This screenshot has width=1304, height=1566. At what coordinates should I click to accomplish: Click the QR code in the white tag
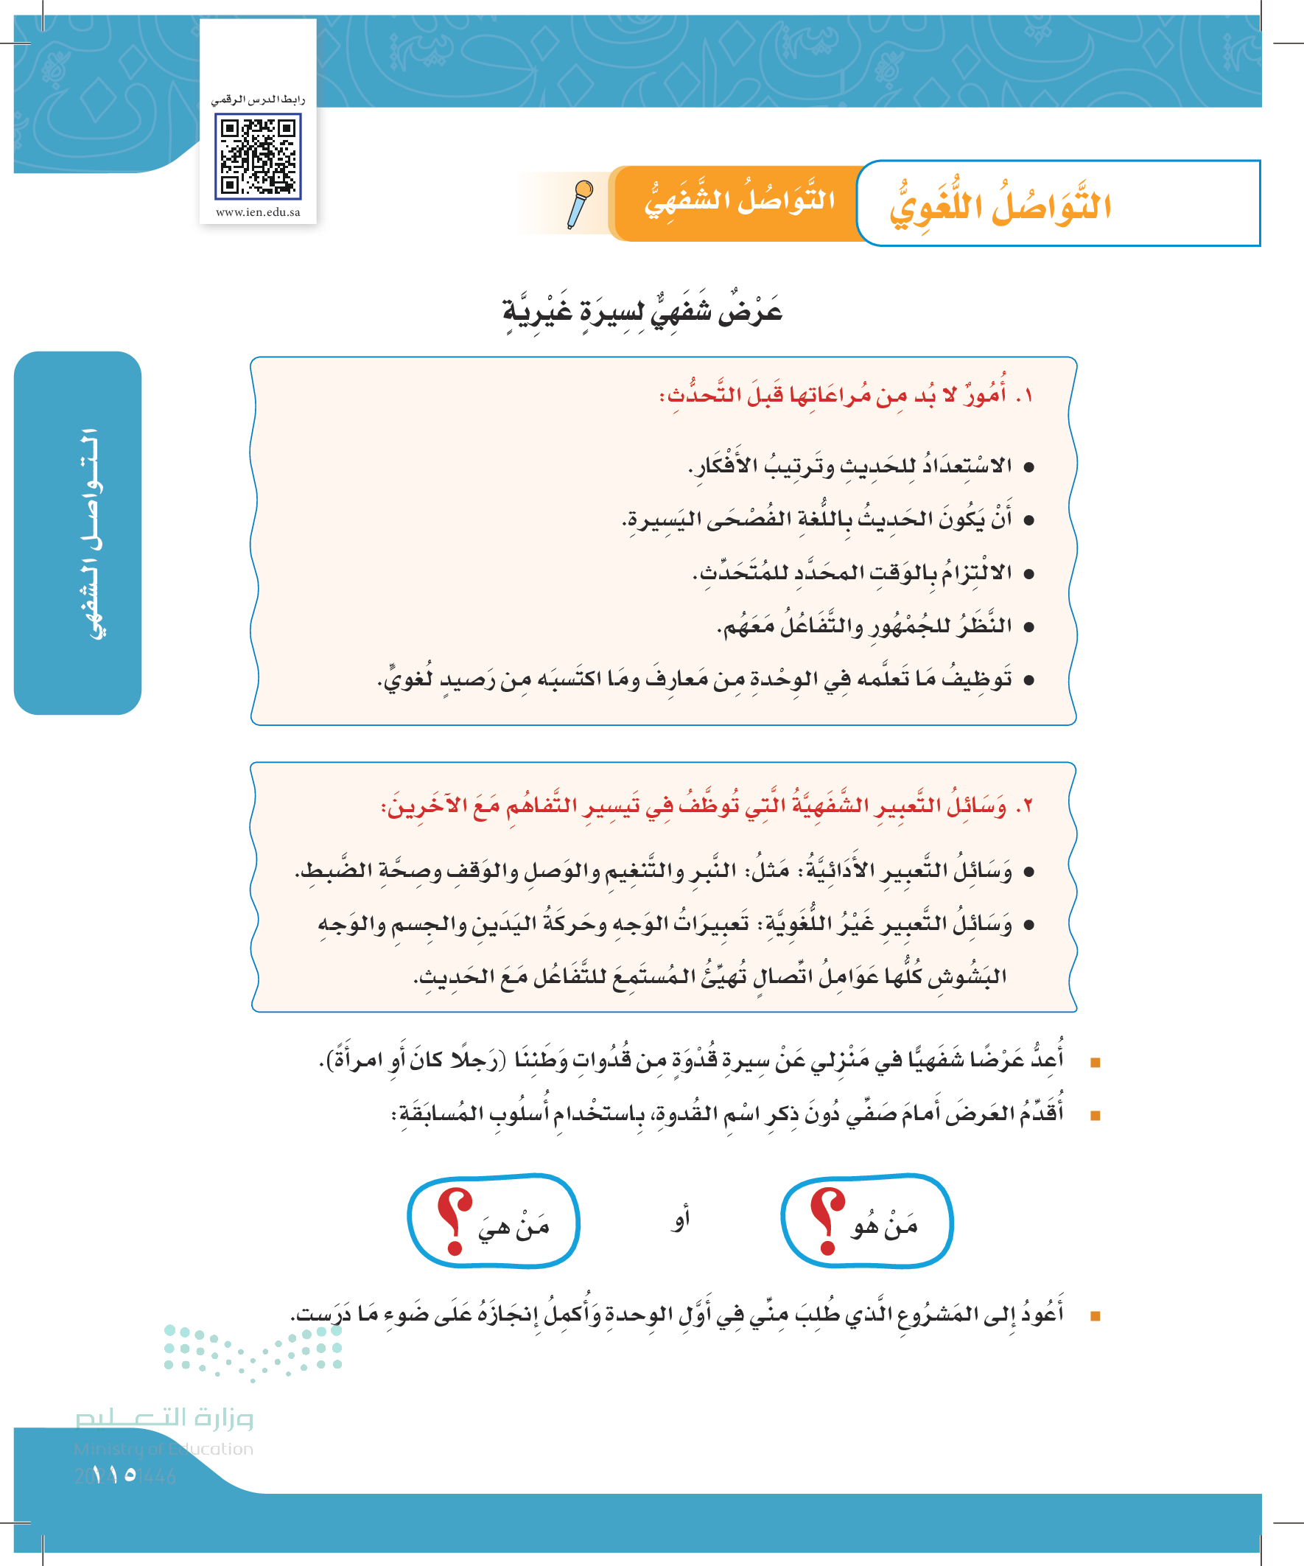(x=258, y=156)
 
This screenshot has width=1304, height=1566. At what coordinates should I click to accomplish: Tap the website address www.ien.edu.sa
(x=258, y=212)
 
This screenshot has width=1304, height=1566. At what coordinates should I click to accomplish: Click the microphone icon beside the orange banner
(x=579, y=203)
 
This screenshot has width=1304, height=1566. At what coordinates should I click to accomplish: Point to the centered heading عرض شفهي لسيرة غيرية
(x=642, y=310)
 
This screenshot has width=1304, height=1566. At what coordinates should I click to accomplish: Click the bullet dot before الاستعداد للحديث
(x=1029, y=467)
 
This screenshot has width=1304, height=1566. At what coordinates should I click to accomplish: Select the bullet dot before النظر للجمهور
(x=1029, y=627)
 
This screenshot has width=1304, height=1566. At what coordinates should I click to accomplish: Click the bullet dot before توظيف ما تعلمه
(x=1029, y=680)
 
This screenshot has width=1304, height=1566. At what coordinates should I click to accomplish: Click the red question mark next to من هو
(x=827, y=1220)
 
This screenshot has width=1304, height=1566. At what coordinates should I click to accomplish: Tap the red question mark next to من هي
(x=454, y=1220)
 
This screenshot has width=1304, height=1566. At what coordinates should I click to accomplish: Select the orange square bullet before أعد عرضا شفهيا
(x=1096, y=1062)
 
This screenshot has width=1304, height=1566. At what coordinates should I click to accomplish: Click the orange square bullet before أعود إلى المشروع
(x=1096, y=1316)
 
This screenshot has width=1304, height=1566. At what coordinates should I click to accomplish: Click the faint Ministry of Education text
(x=164, y=1449)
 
